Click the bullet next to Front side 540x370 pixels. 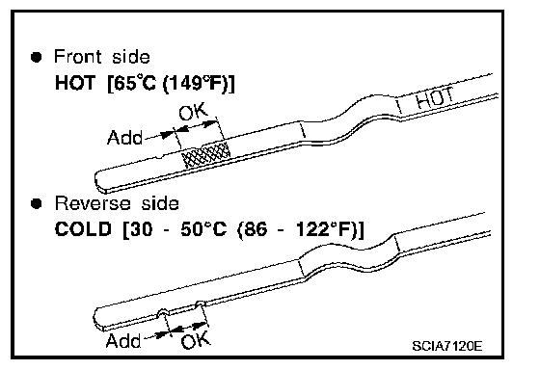(x=37, y=57)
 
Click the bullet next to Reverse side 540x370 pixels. (x=37, y=203)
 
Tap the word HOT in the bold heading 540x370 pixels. (x=75, y=83)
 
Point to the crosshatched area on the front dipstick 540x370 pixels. (x=206, y=154)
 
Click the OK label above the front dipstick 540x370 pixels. (x=193, y=112)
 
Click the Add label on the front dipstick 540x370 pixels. (x=124, y=138)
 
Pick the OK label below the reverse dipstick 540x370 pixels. (x=195, y=340)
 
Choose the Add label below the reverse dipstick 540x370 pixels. (x=123, y=341)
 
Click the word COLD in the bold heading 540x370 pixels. (x=83, y=229)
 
